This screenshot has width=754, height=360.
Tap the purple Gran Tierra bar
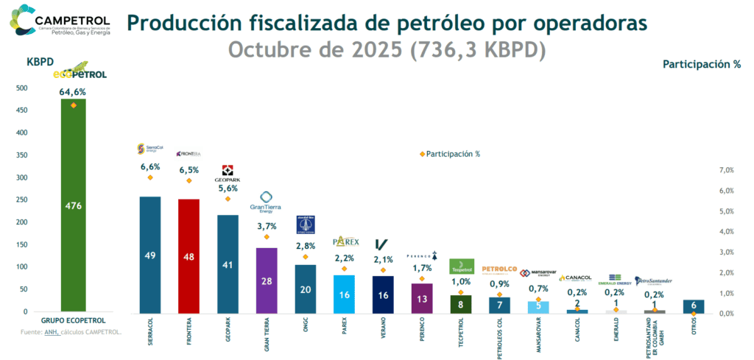pyautogui.click(x=267, y=280)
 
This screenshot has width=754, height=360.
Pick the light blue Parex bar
pyautogui.click(x=344, y=294)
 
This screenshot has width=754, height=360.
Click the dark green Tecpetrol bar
pyautogui.click(x=460, y=304)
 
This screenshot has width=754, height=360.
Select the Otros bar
pyautogui.click(x=693, y=306)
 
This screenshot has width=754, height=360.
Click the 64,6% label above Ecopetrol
pyautogui.click(x=73, y=92)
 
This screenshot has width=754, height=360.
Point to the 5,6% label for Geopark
pyautogui.click(x=228, y=188)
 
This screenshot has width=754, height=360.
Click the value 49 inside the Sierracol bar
pyautogui.click(x=150, y=255)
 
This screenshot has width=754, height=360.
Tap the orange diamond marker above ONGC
pyautogui.click(x=305, y=257)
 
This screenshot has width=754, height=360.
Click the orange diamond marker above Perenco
pyautogui.click(x=422, y=278)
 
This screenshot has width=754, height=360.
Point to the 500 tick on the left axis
pyautogui.click(x=21, y=88)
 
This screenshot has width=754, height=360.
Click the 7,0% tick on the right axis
pyautogui.click(x=725, y=170)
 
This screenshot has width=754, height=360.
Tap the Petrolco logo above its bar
pyautogui.click(x=499, y=269)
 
